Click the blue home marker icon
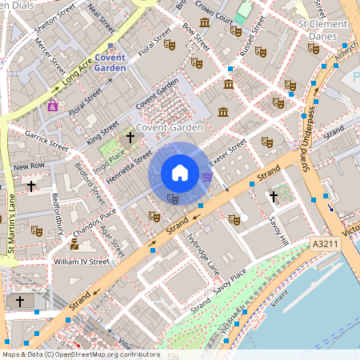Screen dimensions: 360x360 180,173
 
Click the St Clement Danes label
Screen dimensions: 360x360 323,30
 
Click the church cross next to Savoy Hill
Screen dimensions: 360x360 273,196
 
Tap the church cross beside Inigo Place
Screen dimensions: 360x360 130,138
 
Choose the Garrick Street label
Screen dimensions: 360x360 46,141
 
